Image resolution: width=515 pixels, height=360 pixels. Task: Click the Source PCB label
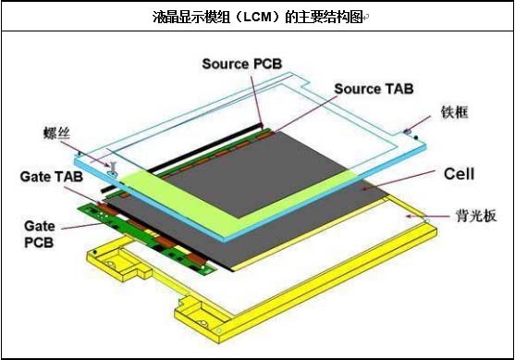242,63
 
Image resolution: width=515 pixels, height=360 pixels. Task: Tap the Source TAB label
373,89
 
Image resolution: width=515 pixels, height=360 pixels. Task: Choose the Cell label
459,174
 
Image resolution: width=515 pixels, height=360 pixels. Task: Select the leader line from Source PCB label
255,97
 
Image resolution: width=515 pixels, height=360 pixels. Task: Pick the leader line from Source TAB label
305,114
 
